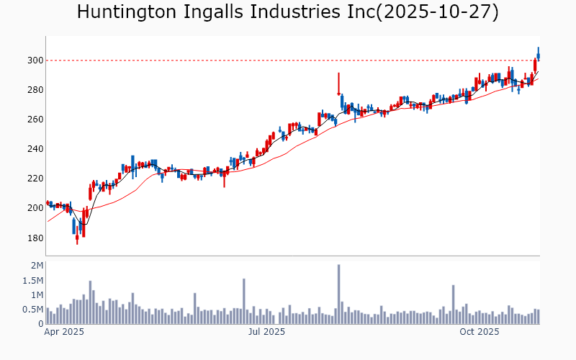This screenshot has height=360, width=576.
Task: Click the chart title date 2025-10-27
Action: tap(441, 12)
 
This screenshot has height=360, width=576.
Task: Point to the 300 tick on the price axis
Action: tap(35, 60)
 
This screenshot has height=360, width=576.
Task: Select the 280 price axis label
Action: tap(35, 90)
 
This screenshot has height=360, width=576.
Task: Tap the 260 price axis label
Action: tap(35, 120)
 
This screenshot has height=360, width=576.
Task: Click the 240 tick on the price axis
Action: tap(35, 149)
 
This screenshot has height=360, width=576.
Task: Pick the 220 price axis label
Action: tap(35, 179)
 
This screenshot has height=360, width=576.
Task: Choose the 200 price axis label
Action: tap(35, 208)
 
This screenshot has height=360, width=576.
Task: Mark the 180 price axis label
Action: tap(35, 238)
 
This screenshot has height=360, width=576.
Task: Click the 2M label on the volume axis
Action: tap(37, 266)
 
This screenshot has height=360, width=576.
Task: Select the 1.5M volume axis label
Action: tap(33, 281)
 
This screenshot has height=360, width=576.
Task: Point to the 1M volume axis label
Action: tap(37, 295)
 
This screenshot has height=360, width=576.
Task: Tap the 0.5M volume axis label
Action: tap(33, 310)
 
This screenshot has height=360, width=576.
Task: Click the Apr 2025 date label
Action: tap(64, 332)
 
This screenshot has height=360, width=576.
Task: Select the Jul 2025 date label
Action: tap(266, 332)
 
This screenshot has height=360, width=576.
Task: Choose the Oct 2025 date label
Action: tap(480, 332)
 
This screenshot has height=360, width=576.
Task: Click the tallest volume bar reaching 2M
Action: tap(338, 294)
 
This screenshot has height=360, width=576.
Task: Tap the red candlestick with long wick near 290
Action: tap(338, 84)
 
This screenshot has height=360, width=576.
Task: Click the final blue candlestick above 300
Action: tap(538, 55)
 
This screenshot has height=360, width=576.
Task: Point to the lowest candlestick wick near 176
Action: tap(77, 240)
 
